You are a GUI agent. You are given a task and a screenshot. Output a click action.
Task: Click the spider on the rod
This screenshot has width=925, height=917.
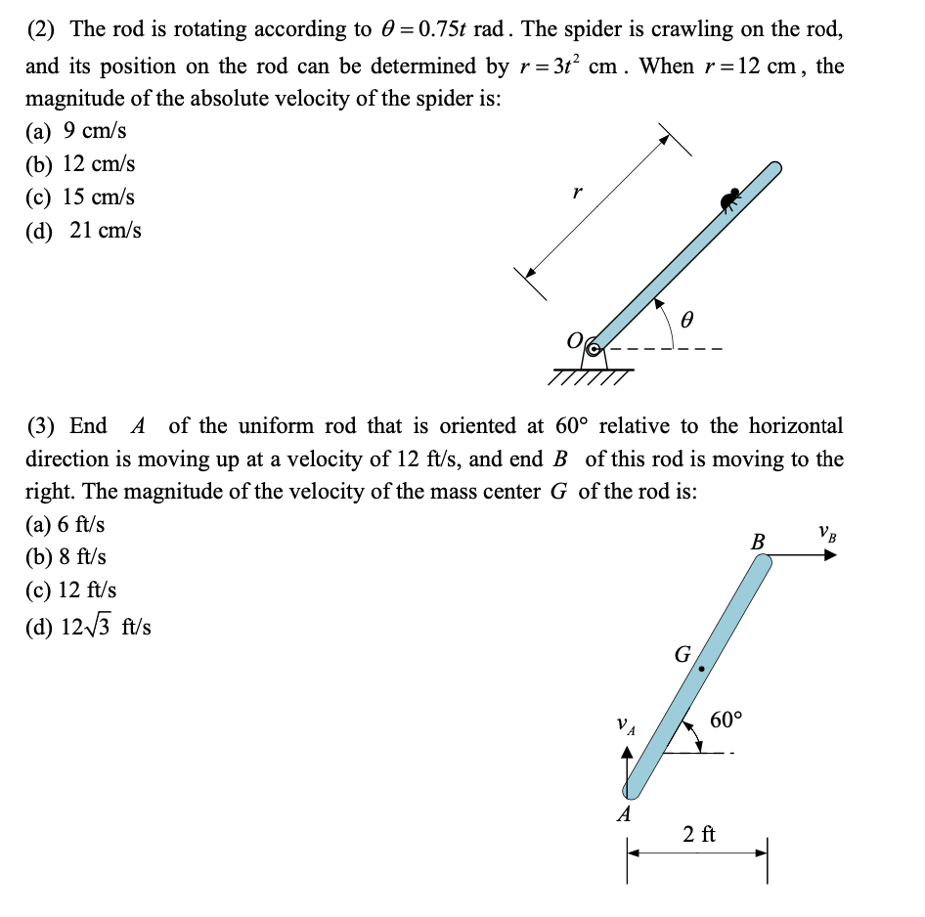(x=728, y=200)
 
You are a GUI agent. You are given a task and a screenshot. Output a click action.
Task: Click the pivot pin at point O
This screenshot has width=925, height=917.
(x=593, y=345)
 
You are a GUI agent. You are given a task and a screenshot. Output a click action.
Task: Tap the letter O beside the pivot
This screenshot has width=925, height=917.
(x=575, y=342)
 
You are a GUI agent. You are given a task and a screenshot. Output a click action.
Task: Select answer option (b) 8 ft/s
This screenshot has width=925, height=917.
(x=66, y=557)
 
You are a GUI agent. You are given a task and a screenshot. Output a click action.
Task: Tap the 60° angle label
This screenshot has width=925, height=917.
(x=726, y=720)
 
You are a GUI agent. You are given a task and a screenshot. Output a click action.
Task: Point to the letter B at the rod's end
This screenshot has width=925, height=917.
(x=757, y=541)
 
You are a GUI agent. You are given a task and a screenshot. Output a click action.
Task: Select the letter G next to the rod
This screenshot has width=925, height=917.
(x=683, y=652)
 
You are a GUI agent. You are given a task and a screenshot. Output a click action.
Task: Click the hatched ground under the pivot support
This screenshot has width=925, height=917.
(x=592, y=376)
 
